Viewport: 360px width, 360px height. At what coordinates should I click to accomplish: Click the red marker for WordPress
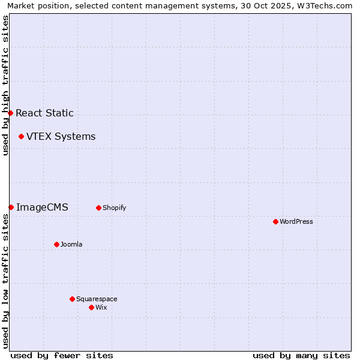pyautogui.click(x=275, y=221)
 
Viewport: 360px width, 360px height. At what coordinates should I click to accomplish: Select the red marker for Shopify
pyautogui.click(x=98, y=208)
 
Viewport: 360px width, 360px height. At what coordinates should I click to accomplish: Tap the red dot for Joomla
pyautogui.click(x=56, y=244)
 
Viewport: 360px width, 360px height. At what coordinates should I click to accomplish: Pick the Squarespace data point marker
pyautogui.click(x=72, y=299)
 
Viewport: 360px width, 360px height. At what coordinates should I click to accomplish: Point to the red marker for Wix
pyautogui.click(x=91, y=307)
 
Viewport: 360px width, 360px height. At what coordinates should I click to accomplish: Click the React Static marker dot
pyautogui.click(x=10, y=113)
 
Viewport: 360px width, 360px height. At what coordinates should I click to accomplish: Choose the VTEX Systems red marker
pyautogui.click(x=21, y=136)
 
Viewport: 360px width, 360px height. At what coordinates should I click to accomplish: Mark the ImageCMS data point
pyautogui.click(x=11, y=207)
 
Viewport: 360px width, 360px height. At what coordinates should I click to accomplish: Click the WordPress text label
pyautogui.click(x=296, y=221)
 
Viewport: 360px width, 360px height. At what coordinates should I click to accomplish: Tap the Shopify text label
pyautogui.click(x=114, y=208)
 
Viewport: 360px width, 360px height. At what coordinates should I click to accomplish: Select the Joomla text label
pyautogui.click(x=71, y=244)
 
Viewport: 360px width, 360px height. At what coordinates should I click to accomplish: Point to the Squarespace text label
pyautogui.click(x=97, y=299)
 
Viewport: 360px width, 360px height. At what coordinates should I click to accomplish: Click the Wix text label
pyautogui.click(x=101, y=307)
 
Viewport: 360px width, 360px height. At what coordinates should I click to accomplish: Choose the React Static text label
pyautogui.click(x=44, y=113)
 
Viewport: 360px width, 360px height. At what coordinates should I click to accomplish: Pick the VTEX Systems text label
pyautogui.click(x=61, y=136)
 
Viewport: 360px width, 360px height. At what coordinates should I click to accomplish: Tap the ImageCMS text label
pyautogui.click(x=42, y=207)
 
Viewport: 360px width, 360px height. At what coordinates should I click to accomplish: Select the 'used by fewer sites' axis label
pyautogui.click(x=62, y=355)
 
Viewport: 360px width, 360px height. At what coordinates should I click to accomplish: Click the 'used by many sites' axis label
pyautogui.click(x=301, y=355)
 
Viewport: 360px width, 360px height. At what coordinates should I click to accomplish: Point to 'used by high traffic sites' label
pyautogui.click(x=5, y=85)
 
